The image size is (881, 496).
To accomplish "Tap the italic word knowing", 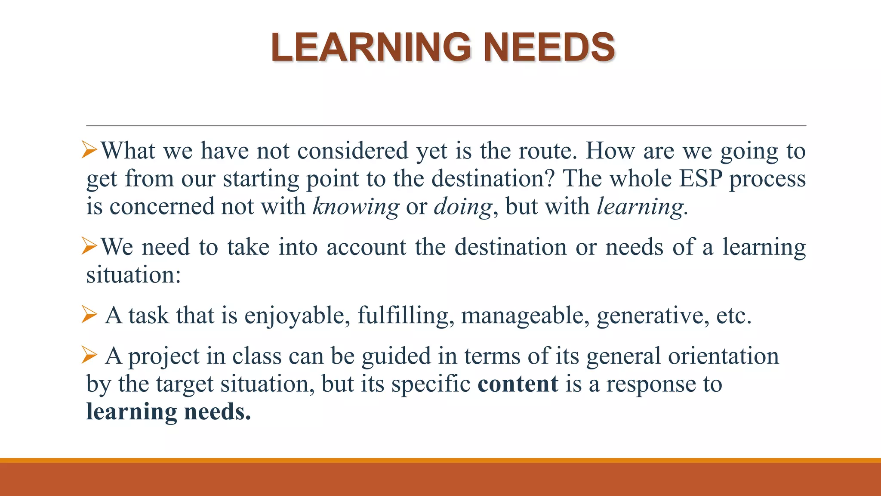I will click(356, 207).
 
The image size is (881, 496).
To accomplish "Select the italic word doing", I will click(462, 207).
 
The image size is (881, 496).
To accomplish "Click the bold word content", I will click(518, 384).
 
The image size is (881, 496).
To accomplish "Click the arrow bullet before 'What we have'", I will click(89, 150).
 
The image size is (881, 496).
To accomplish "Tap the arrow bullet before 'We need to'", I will click(89, 247).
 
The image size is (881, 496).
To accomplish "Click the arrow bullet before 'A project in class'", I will click(89, 355).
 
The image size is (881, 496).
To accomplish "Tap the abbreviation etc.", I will click(733, 316).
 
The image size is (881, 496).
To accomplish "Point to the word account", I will click(366, 247).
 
